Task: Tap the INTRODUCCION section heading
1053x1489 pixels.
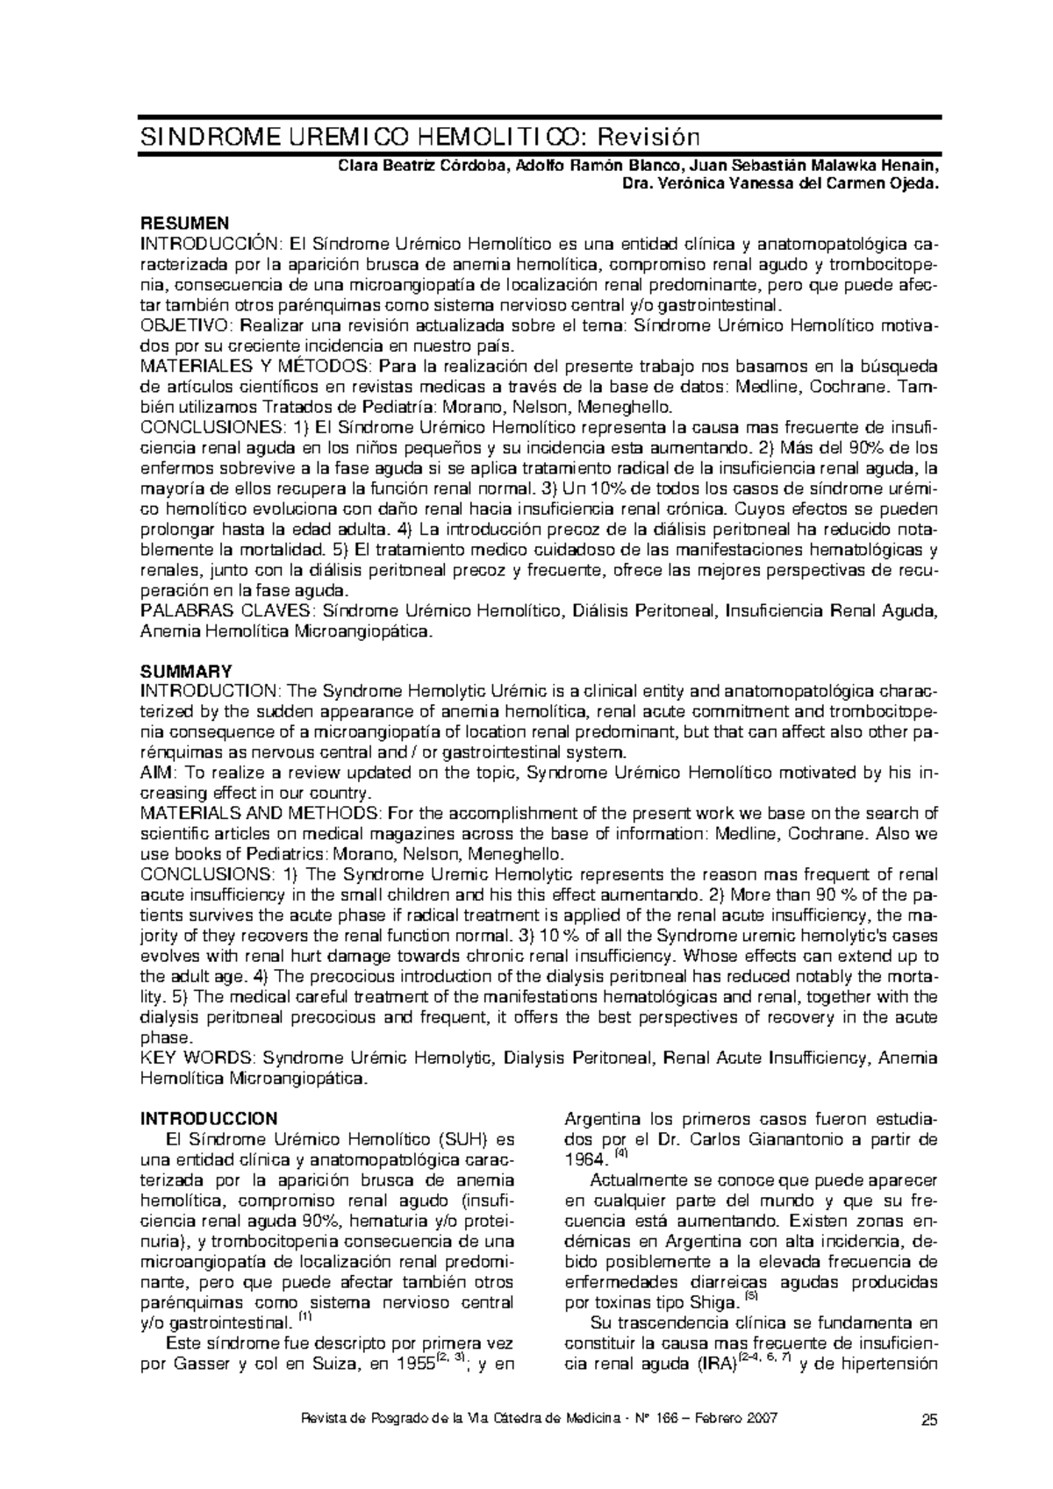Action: point(209,1118)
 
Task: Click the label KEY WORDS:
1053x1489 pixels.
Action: point(197,1058)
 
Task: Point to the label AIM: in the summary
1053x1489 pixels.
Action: point(157,772)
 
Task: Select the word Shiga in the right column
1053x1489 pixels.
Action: point(712,1303)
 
